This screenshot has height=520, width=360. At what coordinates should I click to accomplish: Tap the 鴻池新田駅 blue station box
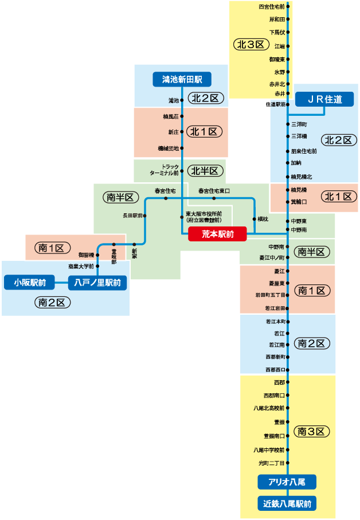pyautogui.click(x=182, y=79)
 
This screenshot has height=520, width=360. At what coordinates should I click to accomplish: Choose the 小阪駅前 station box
pyautogui.click(x=30, y=282)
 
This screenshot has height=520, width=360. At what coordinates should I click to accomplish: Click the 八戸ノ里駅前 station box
pyautogui.click(x=97, y=282)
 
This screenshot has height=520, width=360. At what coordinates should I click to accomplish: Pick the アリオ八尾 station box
pyautogui.click(x=287, y=482)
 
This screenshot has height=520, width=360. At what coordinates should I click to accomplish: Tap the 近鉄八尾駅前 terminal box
pyautogui.click(x=287, y=504)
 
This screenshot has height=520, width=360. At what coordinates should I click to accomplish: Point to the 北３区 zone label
pyautogui.click(x=252, y=44)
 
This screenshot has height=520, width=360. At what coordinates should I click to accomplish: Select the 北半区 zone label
pyautogui.click(x=205, y=170)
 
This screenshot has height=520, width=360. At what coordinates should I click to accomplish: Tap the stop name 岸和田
pyautogui.click(x=277, y=19)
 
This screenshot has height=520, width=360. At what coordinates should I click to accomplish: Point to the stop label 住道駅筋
pyautogui.click(x=275, y=104)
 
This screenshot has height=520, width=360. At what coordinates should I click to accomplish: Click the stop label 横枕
pyautogui.click(x=263, y=219)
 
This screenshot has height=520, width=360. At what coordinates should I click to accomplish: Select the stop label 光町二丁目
pyautogui.click(x=272, y=463)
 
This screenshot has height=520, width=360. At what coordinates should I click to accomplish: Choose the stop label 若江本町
pyautogui.click(x=275, y=322)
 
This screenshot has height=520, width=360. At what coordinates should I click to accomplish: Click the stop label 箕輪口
pyautogui.click(x=299, y=202)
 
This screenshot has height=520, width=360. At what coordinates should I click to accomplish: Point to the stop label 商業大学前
pyautogui.click(x=81, y=266)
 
